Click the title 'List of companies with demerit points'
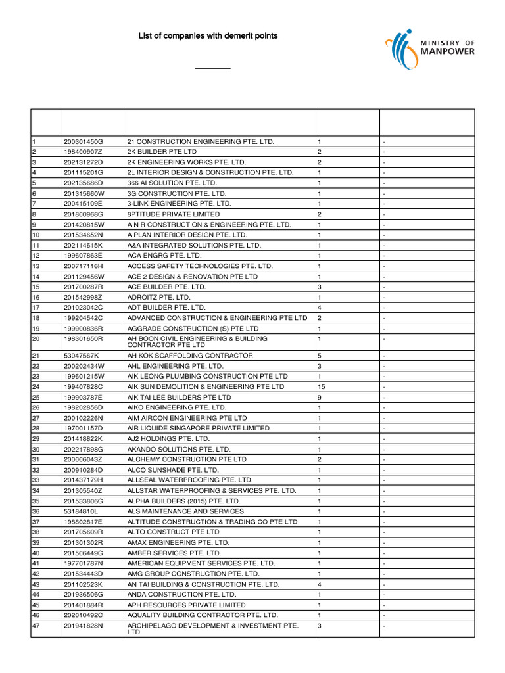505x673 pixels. coord(207,35)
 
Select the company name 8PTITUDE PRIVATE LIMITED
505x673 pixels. coord(174,214)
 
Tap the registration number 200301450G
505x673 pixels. coord(84,142)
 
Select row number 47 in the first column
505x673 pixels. coord(36,626)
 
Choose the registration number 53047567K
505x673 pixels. coord(82,356)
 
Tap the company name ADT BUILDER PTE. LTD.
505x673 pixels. coord(166,308)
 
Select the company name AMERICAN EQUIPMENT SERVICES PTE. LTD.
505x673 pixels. coord(201,563)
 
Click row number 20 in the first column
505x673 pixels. coord(36,338)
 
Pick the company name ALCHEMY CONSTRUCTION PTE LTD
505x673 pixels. coord(187,459)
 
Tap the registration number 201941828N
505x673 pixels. coord(84,626)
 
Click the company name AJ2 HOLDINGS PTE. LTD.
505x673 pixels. coord(168,438)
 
